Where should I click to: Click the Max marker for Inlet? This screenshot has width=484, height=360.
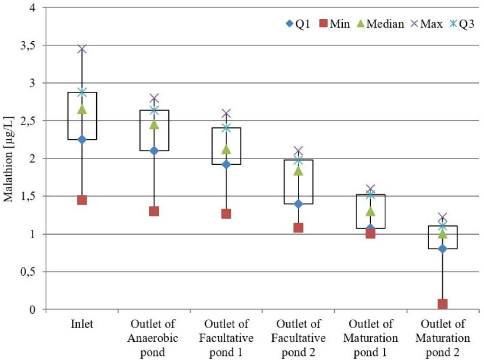(82, 49)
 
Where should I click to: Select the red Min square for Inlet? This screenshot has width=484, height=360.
(82, 200)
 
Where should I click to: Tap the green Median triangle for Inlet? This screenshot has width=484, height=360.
(82, 110)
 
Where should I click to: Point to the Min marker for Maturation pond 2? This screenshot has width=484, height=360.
(442, 304)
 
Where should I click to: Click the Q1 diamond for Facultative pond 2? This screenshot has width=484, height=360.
(298, 204)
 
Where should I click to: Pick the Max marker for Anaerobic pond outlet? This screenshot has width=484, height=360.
(154, 98)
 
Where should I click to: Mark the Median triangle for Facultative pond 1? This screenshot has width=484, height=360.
(226, 149)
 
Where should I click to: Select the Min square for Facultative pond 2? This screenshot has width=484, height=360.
(298, 228)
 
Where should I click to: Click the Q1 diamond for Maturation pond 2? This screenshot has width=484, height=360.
(442, 249)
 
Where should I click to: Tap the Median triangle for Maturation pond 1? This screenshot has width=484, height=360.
(370, 211)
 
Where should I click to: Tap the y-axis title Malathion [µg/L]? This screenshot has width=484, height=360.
(8, 159)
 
